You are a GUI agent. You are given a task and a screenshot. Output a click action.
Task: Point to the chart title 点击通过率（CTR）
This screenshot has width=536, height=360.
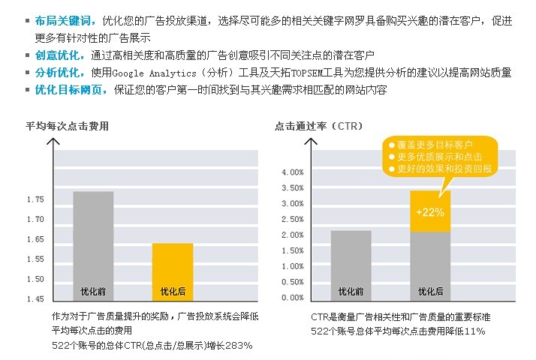(x=320, y=126)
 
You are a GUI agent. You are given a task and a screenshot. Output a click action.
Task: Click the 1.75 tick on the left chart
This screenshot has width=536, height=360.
(x=35, y=199)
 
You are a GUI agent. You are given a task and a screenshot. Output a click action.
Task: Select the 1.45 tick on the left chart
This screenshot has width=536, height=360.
(x=35, y=299)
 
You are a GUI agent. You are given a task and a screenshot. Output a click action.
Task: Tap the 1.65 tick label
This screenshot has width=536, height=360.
(x=35, y=239)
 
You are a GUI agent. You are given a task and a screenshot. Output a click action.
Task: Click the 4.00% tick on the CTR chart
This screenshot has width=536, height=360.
(x=293, y=172)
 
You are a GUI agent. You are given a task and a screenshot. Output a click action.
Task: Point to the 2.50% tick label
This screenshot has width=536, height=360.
(x=293, y=220)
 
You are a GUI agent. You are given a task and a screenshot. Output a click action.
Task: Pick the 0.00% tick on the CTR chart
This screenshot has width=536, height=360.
(x=293, y=298)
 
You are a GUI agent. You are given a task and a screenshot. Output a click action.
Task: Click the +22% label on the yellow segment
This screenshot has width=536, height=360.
(x=429, y=212)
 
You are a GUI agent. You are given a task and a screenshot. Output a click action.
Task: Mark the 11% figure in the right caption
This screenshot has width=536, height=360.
(x=474, y=331)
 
